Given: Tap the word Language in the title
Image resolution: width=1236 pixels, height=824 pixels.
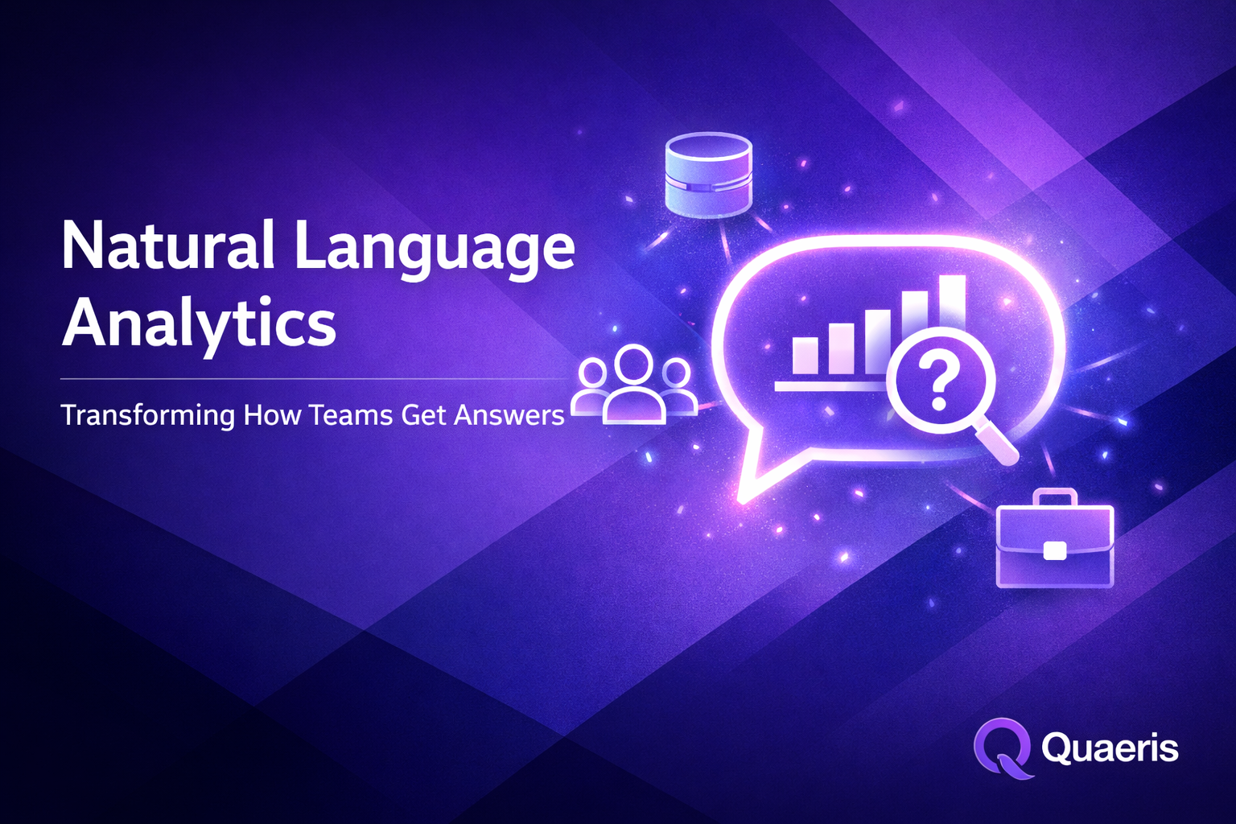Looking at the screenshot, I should pos(435,248).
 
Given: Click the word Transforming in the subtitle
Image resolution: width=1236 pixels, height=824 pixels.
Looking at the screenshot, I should pos(148,416).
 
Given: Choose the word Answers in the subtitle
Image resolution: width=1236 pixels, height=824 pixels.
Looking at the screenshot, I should pos(509,415).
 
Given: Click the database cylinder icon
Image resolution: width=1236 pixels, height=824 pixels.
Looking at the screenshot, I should pos(709,175).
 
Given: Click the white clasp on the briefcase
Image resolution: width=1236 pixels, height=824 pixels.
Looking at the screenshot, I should pos(1054,550).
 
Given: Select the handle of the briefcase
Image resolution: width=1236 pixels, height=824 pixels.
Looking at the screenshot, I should pos(1055,497).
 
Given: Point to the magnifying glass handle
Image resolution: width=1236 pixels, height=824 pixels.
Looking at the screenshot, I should pos(998,443).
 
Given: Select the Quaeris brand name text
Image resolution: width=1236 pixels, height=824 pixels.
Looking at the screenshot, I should pos(1110,748).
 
